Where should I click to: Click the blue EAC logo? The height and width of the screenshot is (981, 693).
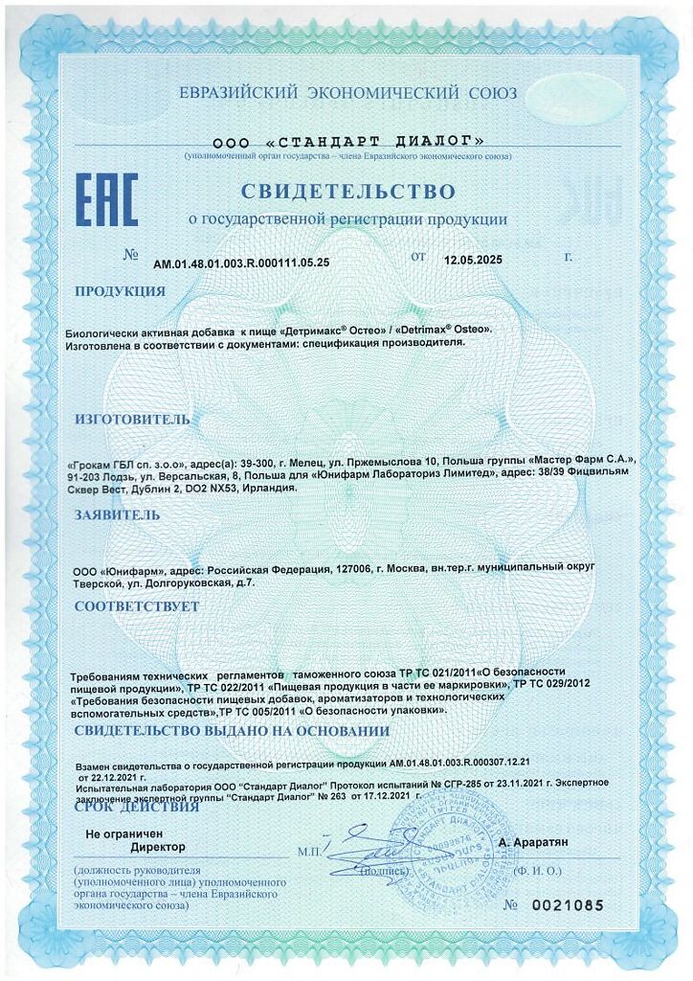[x=106, y=199]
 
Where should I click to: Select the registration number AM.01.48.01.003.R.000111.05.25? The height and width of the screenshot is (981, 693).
[x=241, y=261]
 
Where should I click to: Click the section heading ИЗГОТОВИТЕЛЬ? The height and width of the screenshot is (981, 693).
[x=132, y=419]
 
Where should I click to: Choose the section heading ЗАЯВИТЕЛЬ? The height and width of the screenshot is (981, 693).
[x=118, y=514]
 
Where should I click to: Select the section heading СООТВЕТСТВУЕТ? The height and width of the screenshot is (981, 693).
[x=137, y=606]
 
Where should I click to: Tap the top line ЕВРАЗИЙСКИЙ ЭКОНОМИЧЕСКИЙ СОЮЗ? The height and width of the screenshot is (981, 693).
[x=347, y=93]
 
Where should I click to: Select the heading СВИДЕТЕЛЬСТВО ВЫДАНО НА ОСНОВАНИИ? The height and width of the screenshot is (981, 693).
[x=232, y=731]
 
